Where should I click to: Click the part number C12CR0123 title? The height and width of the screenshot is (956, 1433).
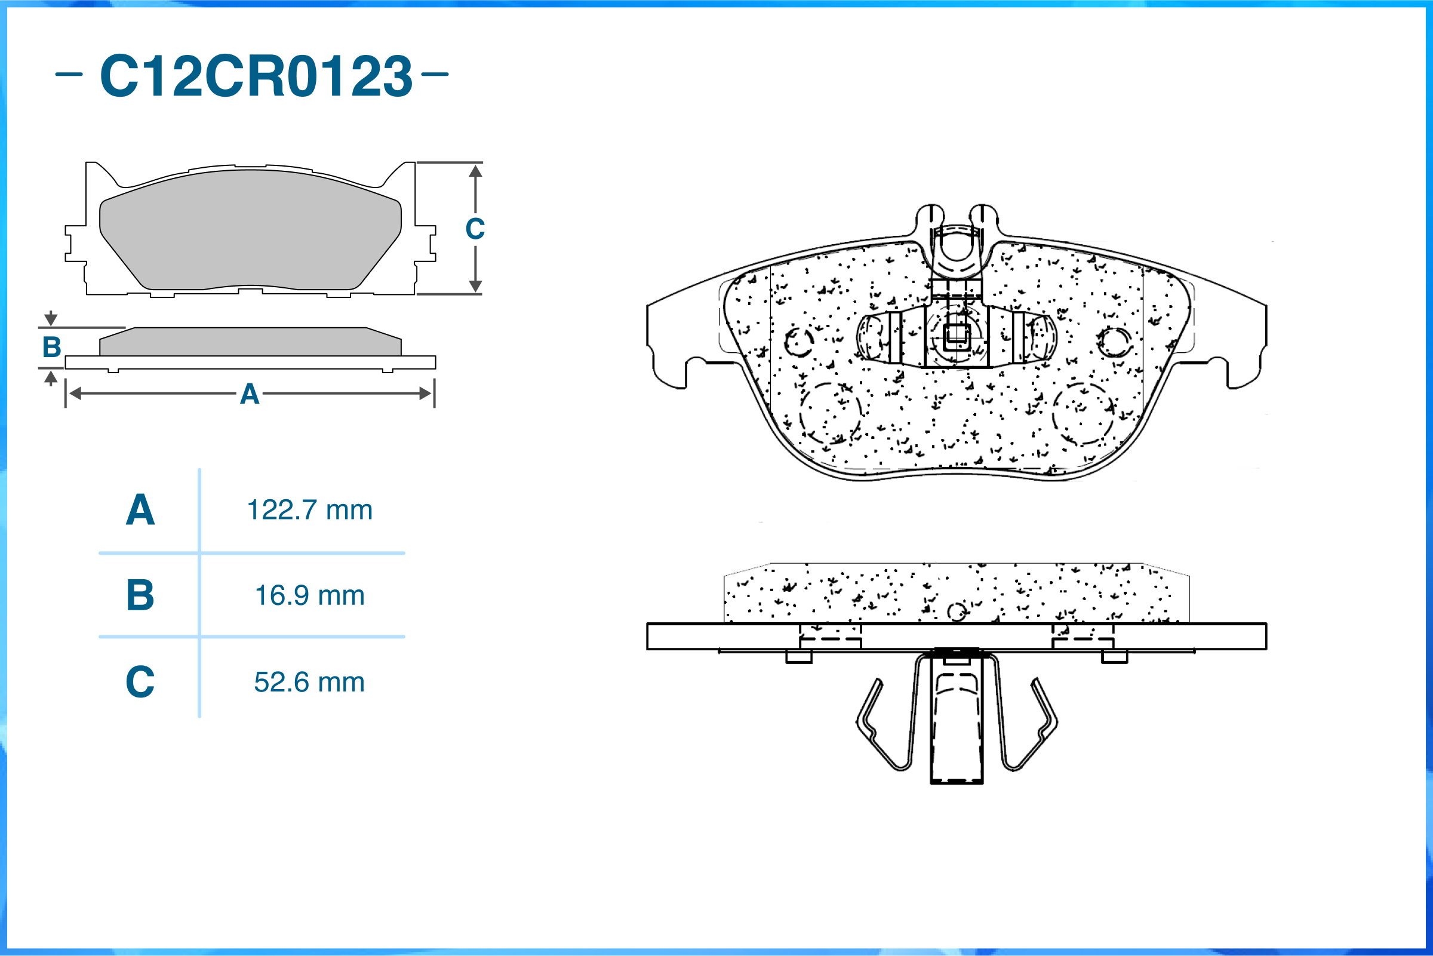(x=257, y=76)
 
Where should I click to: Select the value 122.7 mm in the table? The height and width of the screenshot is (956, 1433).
(x=310, y=510)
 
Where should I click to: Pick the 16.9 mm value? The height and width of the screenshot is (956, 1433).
(x=310, y=595)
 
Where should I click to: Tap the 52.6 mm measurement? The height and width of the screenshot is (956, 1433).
(x=310, y=682)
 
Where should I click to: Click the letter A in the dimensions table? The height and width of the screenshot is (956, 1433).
(x=140, y=510)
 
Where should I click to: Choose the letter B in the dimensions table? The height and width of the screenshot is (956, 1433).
(x=140, y=595)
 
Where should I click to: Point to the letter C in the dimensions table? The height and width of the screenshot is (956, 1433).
(x=140, y=682)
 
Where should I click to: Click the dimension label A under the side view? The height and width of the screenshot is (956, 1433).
(x=250, y=394)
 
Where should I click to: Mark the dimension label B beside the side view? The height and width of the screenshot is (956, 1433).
(x=52, y=347)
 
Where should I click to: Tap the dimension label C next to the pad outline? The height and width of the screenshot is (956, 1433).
(x=475, y=229)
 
